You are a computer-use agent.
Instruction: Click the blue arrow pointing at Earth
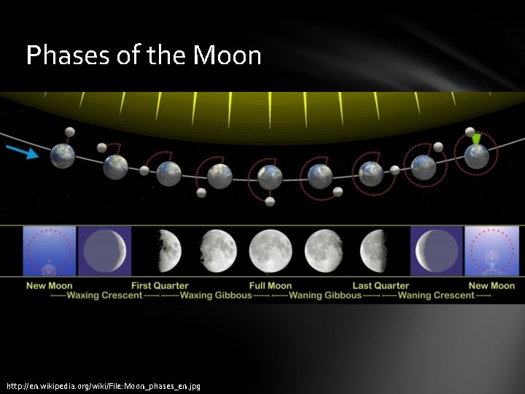pos(22,151)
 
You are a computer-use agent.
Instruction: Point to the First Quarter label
pos(160,285)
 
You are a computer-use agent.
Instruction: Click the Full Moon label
pos(270,285)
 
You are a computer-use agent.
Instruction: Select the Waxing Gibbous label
pos(215,295)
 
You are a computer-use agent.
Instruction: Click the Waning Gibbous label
pos(325,295)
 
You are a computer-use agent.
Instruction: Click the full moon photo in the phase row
pos(270,251)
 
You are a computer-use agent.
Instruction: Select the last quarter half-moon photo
pos(375,251)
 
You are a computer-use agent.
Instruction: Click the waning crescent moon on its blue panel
pos(436,251)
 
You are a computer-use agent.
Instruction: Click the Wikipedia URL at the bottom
pos(104,385)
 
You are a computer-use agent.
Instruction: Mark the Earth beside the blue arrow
pos(62,155)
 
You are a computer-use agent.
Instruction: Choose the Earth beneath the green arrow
pos(477,156)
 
